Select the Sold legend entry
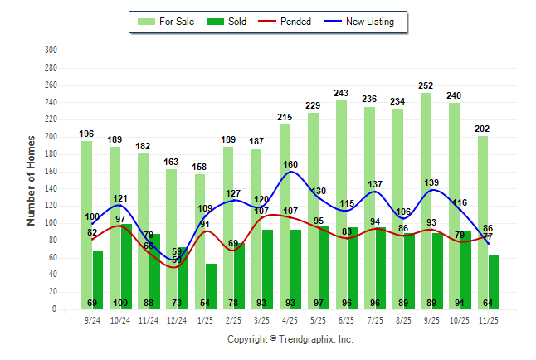tap(227, 22)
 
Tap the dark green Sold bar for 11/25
tap(494, 282)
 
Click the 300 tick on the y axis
tap(51, 51)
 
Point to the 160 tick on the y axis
tap(51, 172)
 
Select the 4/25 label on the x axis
tap(290, 319)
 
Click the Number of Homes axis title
tap(31, 180)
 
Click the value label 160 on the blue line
tap(290, 164)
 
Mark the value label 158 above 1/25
tap(200, 166)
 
